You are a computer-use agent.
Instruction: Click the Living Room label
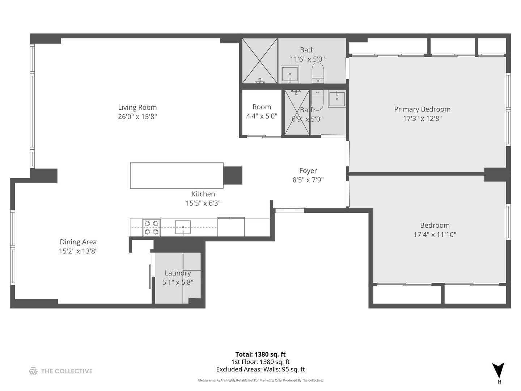(x=137, y=107)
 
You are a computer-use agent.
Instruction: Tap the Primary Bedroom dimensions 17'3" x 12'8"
(x=422, y=118)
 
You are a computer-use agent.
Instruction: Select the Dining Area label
(x=78, y=242)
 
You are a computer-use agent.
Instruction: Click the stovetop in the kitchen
(x=152, y=227)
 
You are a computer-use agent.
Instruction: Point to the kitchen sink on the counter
(x=183, y=227)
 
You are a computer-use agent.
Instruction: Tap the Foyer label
(x=308, y=171)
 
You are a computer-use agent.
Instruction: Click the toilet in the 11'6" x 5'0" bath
(x=318, y=73)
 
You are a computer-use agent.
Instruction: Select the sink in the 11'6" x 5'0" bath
(x=289, y=75)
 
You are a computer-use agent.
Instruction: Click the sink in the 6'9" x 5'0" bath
(x=337, y=99)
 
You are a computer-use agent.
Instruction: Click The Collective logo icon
(x=33, y=371)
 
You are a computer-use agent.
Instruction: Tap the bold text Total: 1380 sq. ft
(x=260, y=354)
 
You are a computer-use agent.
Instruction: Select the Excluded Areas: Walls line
(x=260, y=369)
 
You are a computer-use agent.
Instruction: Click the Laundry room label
(x=178, y=273)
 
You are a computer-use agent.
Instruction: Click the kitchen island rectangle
(x=177, y=176)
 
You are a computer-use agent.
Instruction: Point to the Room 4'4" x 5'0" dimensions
(x=262, y=116)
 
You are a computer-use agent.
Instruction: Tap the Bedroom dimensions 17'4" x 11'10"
(x=435, y=235)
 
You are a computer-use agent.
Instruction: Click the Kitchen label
(x=203, y=194)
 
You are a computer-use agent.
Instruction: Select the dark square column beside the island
(x=233, y=176)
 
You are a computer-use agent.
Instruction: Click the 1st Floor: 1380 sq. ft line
(x=260, y=362)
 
